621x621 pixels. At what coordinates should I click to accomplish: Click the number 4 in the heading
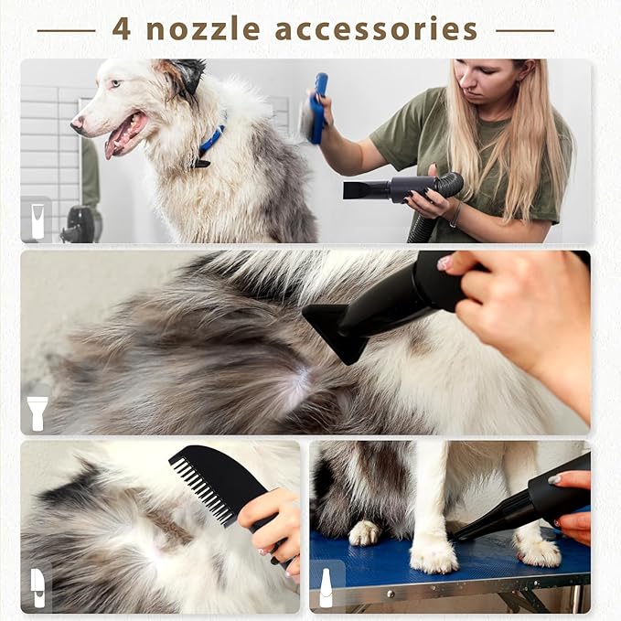121,28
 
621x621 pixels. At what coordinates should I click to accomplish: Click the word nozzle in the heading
202,29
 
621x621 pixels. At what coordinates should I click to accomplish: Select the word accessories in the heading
376,29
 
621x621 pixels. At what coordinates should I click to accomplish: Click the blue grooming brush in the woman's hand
317,109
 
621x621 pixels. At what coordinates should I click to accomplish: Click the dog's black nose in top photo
77,121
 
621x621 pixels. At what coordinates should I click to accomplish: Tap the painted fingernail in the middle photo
444,263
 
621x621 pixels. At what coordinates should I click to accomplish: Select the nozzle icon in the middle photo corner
37,412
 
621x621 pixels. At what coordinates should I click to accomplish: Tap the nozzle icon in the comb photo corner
37,587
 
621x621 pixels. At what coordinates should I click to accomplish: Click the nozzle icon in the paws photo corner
326,587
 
